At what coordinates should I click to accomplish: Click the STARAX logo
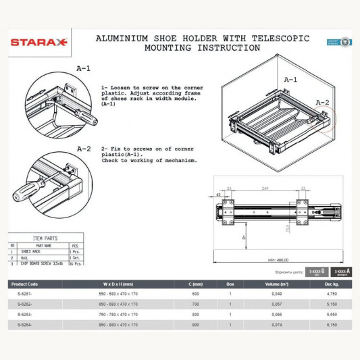tap(38, 42)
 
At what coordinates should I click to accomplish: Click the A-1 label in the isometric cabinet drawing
tap(290, 80)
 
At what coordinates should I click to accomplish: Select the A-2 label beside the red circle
tap(322, 103)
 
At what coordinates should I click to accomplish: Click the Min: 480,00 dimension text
tap(277, 258)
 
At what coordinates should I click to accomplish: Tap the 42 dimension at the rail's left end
tap(221, 195)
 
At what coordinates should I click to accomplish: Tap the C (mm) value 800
tap(195, 315)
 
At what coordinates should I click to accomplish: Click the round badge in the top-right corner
tap(345, 42)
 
